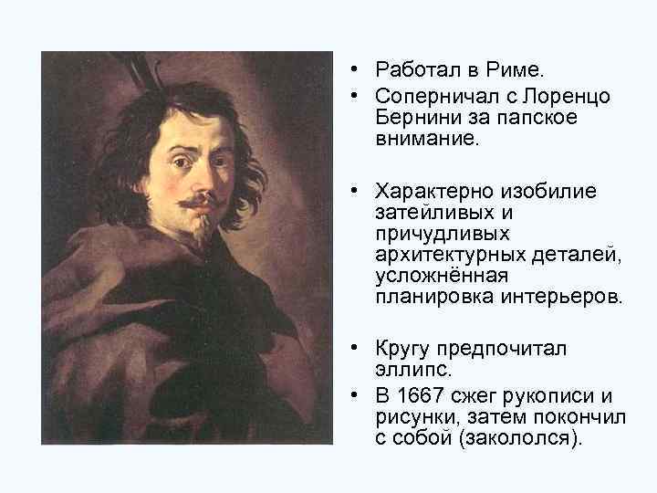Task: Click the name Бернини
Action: pyautogui.click(x=420, y=119)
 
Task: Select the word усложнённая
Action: pyautogui.click(x=433, y=276)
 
